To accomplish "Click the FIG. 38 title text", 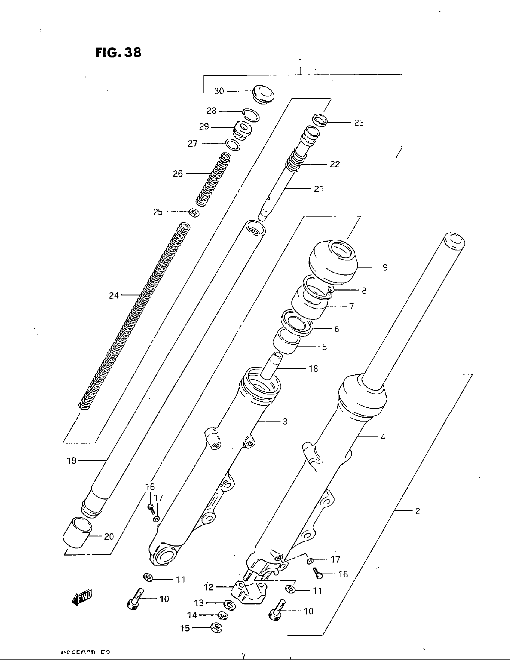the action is pos(118,52).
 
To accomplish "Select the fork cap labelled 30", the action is pos(263,94).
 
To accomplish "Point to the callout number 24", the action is pos(114,295).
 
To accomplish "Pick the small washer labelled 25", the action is pos(194,212).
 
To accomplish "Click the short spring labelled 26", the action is pos(213,180).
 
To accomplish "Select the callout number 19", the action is pos(72,461).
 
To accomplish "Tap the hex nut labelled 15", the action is pos(216,628).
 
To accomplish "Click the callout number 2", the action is pos(418,511).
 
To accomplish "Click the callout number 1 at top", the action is pos(300,63).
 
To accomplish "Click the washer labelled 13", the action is pos(229,604).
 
